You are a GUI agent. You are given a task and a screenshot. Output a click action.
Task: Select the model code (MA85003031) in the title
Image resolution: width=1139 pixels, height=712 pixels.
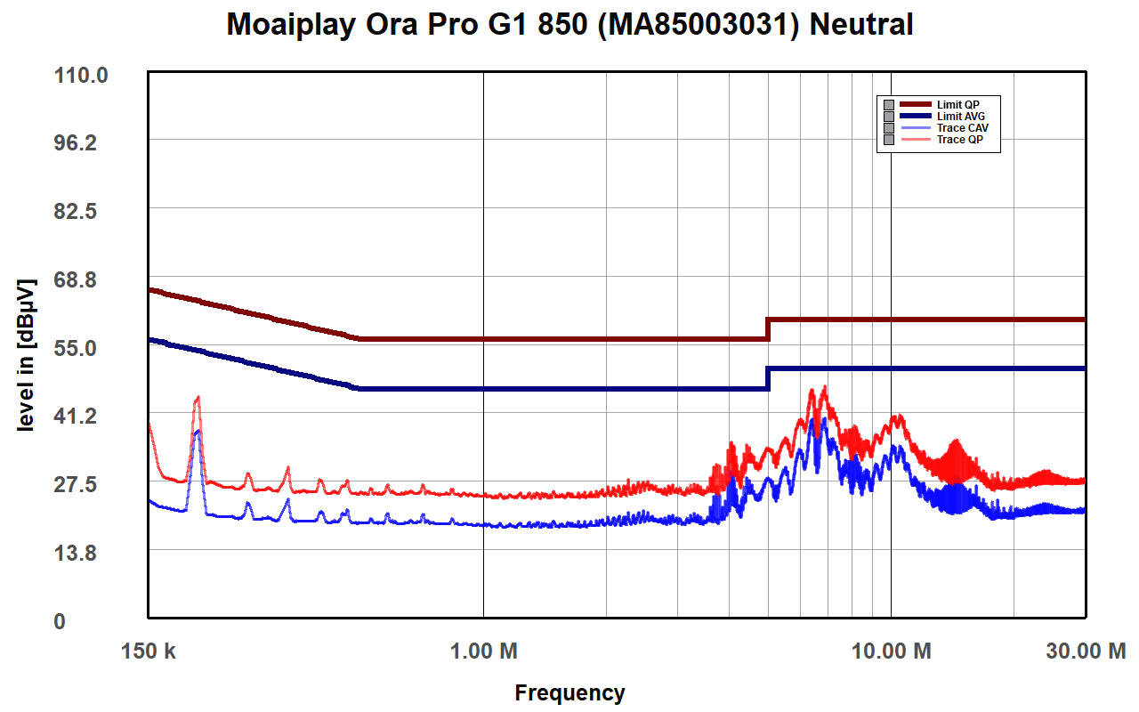[694, 25]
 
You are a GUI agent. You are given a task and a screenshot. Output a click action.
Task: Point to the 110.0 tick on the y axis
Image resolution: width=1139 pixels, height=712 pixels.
[81, 76]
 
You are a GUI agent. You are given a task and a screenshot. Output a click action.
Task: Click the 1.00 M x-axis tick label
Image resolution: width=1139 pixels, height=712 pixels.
[484, 651]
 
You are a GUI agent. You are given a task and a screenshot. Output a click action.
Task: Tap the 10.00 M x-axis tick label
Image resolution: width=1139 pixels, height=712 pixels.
[892, 651]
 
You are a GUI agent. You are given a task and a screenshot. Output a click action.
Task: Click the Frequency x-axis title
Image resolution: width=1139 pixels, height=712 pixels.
[569, 692]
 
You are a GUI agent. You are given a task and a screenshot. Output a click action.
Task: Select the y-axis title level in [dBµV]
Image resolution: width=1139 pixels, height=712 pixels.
[27, 356]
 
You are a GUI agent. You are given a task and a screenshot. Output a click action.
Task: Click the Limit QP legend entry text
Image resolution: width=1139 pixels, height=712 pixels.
[958, 105]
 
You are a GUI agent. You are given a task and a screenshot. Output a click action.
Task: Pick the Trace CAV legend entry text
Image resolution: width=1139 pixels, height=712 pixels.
[962, 128]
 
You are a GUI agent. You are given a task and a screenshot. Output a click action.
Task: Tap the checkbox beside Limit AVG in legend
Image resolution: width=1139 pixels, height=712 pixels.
[888, 117]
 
